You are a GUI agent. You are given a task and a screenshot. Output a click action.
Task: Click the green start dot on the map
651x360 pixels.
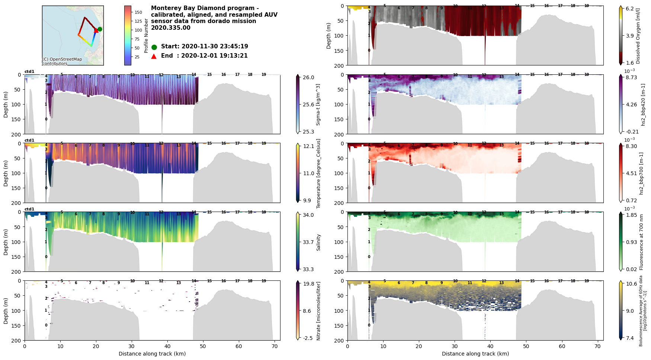(x=100, y=29)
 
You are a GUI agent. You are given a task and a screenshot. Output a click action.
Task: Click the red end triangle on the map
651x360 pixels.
(x=96, y=30)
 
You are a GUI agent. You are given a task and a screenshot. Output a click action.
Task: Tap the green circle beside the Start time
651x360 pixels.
(x=154, y=47)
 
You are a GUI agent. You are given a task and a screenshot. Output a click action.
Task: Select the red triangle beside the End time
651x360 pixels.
(x=154, y=56)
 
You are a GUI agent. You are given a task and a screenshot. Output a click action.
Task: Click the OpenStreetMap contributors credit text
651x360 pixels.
(x=62, y=61)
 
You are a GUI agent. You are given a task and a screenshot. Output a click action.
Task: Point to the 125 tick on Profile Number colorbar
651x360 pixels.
(x=138, y=21)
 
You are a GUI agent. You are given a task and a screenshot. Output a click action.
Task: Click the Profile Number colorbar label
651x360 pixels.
(x=147, y=36)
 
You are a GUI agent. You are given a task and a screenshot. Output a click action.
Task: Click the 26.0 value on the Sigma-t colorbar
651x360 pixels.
(x=308, y=77)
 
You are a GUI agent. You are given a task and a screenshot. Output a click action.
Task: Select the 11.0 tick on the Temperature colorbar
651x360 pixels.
(x=308, y=173)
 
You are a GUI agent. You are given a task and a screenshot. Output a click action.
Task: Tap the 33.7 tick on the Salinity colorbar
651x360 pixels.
(x=308, y=242)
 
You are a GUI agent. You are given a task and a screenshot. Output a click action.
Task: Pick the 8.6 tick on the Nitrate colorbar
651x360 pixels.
(x=307, y=311)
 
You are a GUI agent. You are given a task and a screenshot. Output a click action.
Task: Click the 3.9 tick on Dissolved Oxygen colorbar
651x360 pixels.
(x=630, y=36)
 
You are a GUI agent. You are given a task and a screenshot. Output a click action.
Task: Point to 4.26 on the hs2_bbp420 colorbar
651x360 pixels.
(x=631, y=105)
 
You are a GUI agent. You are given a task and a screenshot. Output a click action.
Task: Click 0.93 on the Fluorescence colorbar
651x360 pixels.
(x=631, y=242)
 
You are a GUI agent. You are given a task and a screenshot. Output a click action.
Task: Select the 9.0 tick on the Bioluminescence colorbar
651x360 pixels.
(x=630, y=311)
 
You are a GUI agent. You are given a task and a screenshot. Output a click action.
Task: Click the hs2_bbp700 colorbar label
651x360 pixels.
(x=641, y=173)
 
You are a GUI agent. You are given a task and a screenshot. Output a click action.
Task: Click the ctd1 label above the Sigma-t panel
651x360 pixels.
(x=29, y=71)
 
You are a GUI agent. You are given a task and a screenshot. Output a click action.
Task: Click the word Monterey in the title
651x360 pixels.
(x=166, y=8)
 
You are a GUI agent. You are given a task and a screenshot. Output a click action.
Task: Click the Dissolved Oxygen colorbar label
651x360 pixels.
(x=638, y=36)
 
